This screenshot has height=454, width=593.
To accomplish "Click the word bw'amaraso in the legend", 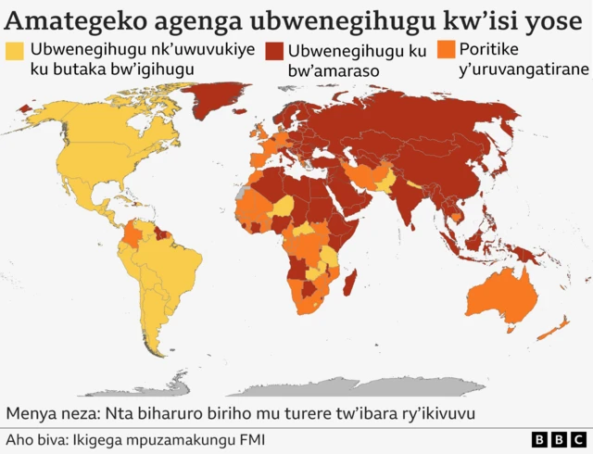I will [x=332, y=70].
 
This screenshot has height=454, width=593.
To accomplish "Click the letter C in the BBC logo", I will [x=577, y=438].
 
